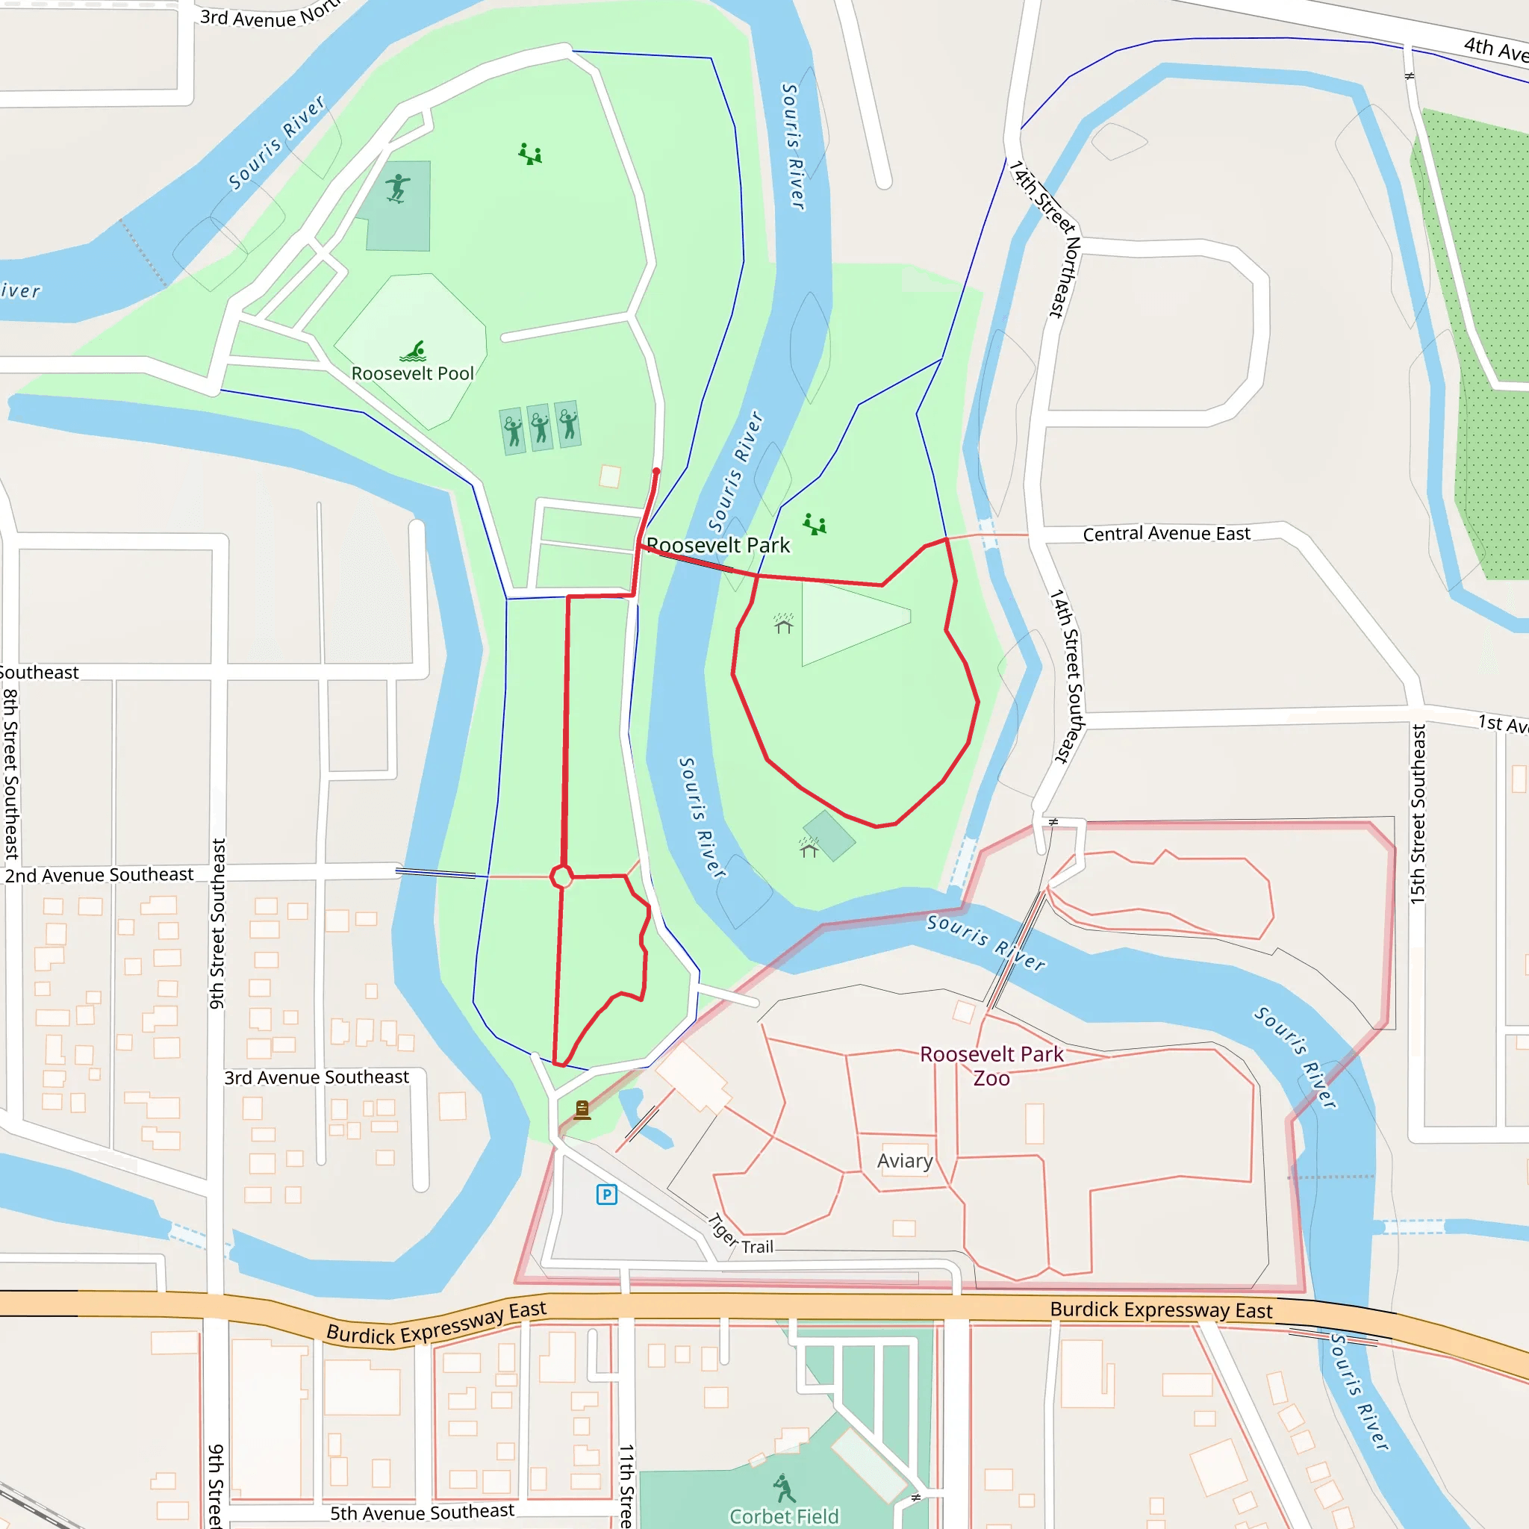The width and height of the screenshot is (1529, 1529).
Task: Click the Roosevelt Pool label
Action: (412, 373)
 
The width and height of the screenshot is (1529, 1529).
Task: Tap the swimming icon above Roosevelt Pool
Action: (414, 351)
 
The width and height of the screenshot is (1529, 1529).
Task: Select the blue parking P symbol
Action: (606, 1195)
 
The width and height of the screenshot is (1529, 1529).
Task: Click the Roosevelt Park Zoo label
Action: (991, 1065)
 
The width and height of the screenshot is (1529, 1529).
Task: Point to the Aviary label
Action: (905, 1161)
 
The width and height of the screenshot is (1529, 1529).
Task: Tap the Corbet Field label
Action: (783, 1516)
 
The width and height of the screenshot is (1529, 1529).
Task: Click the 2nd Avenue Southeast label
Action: (99, 874)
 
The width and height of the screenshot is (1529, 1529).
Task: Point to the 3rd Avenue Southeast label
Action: (317, 1077)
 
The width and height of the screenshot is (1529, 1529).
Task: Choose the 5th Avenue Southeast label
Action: (422, 1513)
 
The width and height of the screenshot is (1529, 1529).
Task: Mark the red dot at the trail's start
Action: (656, 472)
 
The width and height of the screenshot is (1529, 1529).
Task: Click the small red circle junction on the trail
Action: (561, 877)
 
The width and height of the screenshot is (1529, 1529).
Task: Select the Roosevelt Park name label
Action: (717, 545)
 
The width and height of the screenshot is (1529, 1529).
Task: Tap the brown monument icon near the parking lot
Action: (582, 1109)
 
